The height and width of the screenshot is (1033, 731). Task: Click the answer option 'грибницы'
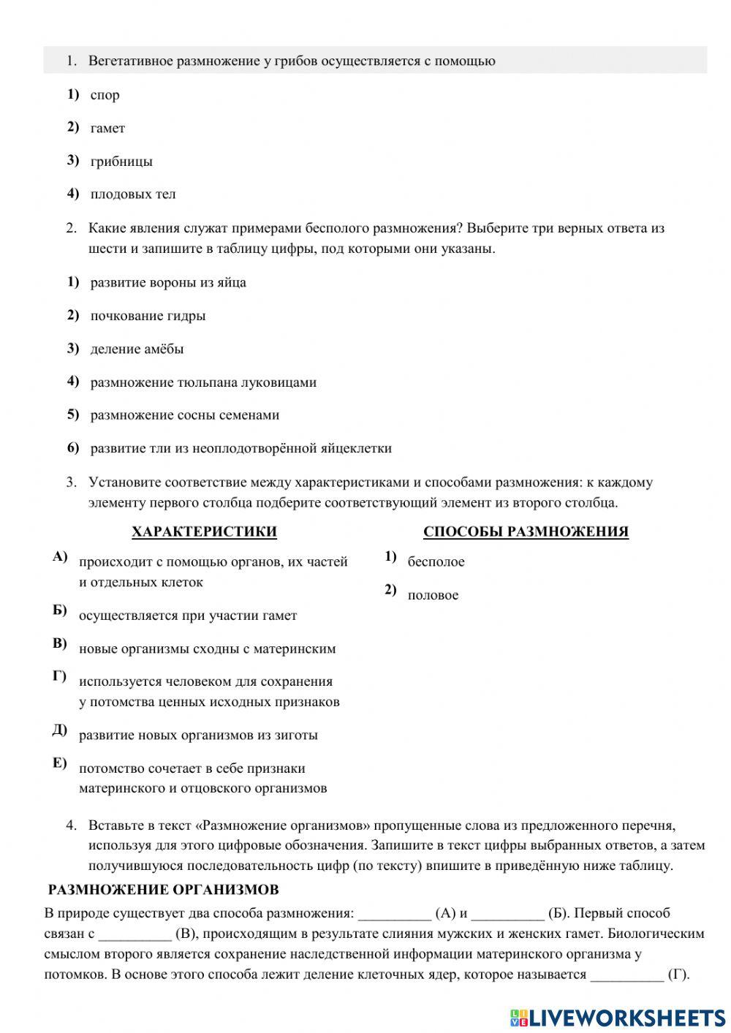click(121, 162)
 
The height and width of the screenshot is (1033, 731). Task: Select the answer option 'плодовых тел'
click(133, 194)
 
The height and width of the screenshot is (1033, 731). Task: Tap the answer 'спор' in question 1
click(105, 95)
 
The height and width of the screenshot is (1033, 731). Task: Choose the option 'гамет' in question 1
click(107, 129)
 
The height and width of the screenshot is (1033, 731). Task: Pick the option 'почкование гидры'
click(148, 316)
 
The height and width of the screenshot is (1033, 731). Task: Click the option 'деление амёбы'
click(137, 349)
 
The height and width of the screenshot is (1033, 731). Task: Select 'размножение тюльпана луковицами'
click(203, 382)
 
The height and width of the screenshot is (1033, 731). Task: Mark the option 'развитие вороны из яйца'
click(168, 283)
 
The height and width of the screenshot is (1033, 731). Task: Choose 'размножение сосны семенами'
click(185, 415)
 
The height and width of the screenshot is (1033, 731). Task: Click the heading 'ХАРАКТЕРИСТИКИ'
click(204, 531)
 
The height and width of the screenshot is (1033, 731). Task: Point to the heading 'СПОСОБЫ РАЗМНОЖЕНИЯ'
click(526, 531)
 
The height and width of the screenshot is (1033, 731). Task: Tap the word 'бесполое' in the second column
click(436, 562)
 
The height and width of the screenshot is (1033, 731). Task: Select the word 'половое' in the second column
click(433, 595)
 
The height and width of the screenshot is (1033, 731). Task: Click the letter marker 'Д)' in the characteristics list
click(60, 730)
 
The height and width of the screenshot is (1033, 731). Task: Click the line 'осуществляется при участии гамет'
click(188, 616)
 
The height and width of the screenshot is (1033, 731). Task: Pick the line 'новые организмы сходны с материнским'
click(207, 648)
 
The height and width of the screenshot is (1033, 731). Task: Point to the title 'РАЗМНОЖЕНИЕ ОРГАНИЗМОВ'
click(163, 890)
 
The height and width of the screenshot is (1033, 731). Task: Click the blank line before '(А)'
click(394, 914)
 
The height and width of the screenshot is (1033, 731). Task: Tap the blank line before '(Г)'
click(626, 975)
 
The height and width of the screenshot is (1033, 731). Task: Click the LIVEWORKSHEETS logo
click(618, 1017)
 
